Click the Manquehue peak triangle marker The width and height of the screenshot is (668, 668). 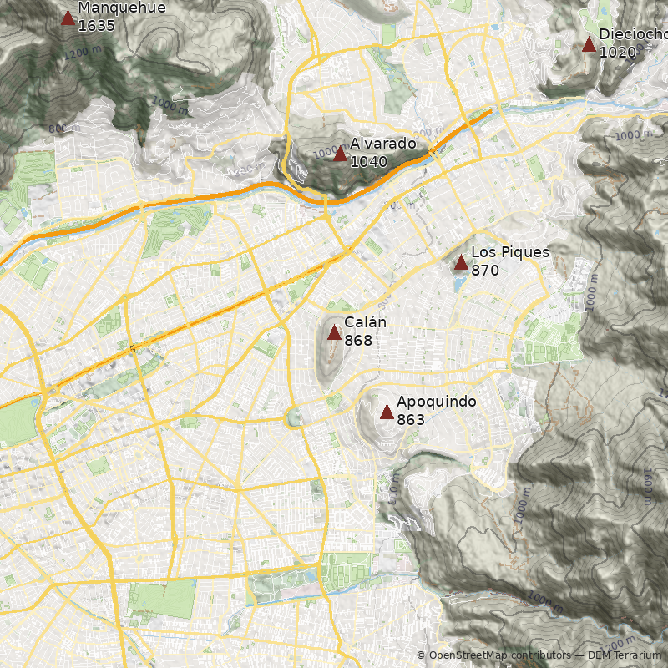(68, 18)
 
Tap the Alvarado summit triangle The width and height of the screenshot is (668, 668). (340, 154)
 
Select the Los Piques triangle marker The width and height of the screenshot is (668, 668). (461, 263)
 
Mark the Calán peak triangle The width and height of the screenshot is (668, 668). (334, 333)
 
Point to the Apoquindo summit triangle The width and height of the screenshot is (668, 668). (387, 412)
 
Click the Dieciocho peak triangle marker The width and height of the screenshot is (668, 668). (590, 44)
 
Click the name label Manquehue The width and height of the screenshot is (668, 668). (121, 8)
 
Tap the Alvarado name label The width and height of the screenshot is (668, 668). (382, 144)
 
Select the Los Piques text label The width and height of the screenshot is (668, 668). (510, 252)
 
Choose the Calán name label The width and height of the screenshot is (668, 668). (365, 322)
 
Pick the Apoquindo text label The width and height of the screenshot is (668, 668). (436, 402)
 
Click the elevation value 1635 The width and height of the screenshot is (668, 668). (96, 26)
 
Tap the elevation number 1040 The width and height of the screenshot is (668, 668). (369, 162)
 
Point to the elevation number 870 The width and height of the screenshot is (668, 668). (485, 271)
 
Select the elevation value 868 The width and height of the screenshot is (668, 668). (358, 341)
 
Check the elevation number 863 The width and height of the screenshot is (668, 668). (411, 420)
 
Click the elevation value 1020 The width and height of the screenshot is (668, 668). (618, 53)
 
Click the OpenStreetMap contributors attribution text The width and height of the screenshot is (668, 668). (493, 655)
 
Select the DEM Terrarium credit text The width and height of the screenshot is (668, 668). (624, 655)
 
